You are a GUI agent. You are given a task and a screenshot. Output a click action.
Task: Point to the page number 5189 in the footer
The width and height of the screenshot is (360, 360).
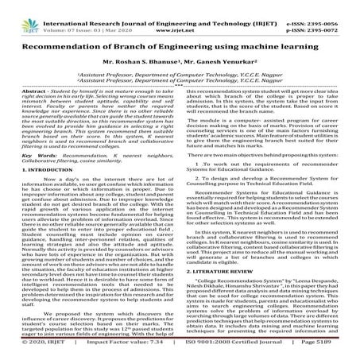coord(337,354)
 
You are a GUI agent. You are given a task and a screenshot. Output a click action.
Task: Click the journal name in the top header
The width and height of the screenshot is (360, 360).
coord(178,6)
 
